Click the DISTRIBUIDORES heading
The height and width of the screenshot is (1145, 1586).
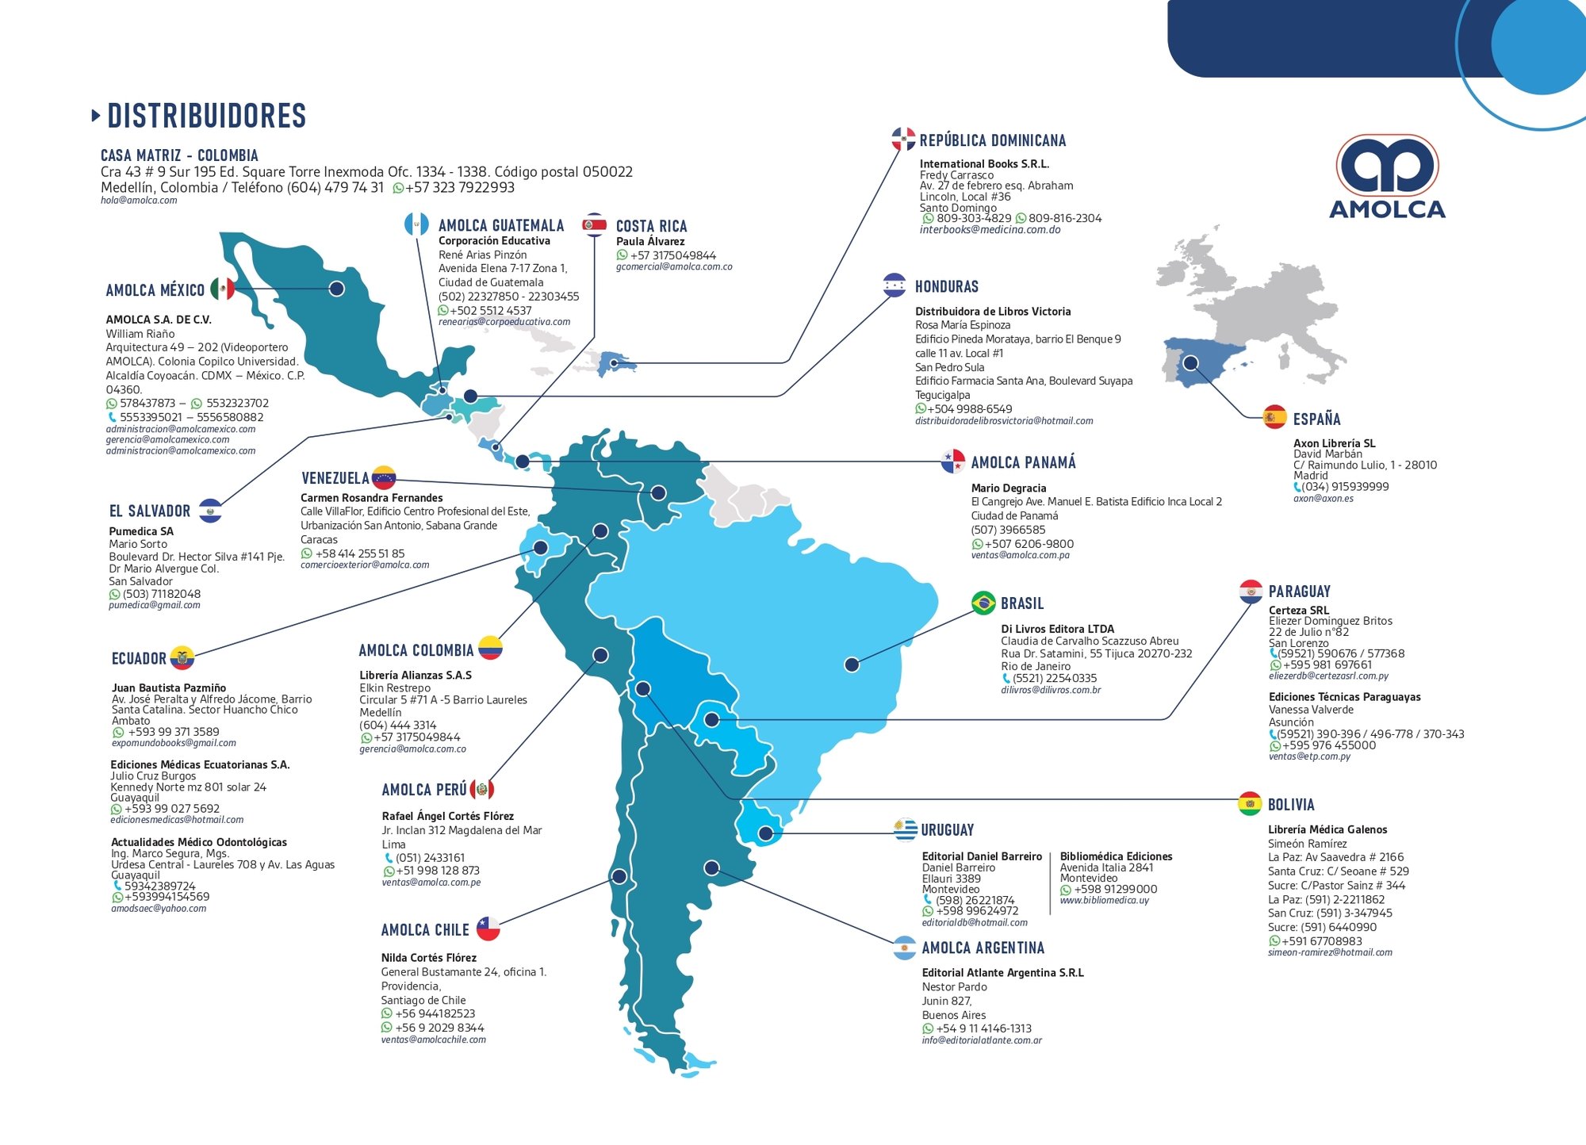[206, 116]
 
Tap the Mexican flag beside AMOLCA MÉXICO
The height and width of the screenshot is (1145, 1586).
[222, 289]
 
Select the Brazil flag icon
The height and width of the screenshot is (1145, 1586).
[983, 603]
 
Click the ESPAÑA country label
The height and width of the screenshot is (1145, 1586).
[1316, 419]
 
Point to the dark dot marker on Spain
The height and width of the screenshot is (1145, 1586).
[1190, 363]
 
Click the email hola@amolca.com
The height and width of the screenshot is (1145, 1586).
[139, 201]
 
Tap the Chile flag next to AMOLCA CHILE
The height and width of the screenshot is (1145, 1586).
[488, 929]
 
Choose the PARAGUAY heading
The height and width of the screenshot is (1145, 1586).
[1299, 592]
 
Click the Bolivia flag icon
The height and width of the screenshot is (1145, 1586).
[1250, 804]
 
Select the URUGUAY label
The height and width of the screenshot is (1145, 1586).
[947, 830]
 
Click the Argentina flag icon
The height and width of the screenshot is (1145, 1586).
[904, 948]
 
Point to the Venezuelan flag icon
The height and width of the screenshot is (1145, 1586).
[384, 477]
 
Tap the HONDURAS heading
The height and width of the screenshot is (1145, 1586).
[946, 287]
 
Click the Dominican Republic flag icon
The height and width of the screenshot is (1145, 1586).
[902, 140]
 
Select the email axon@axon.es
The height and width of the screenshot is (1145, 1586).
[1323, 499]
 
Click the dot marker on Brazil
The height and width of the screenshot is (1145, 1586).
[852, 664]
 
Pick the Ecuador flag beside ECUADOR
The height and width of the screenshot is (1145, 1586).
[182, 658]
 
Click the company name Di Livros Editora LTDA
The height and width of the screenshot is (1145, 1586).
[1057, 629]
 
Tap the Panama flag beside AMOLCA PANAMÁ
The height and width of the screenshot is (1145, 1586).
[952, 461]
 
